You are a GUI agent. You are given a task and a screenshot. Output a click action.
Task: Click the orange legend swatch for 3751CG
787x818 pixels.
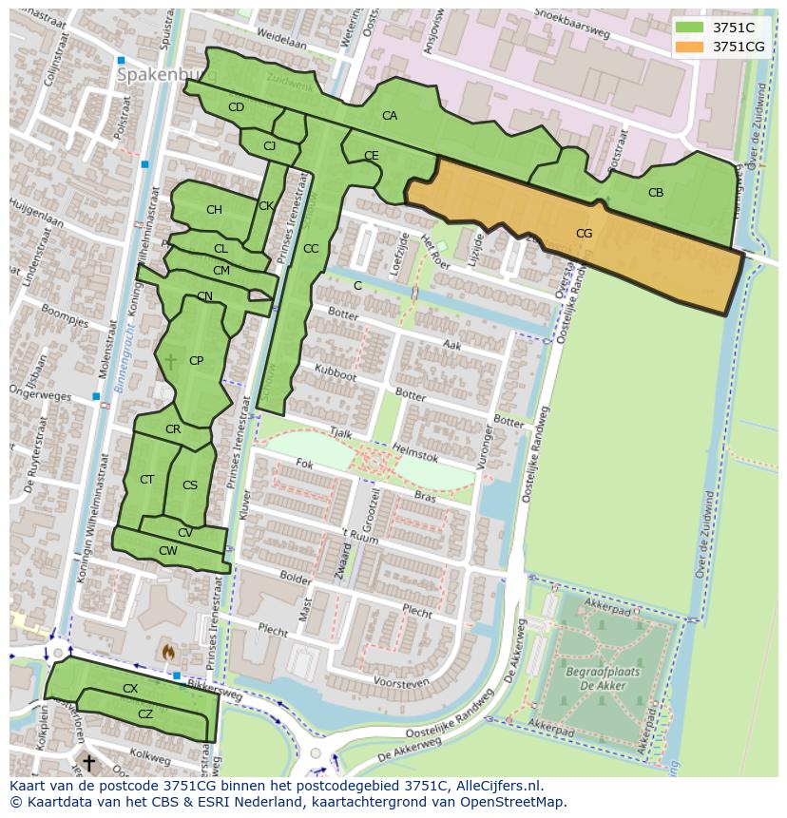coord(690,47)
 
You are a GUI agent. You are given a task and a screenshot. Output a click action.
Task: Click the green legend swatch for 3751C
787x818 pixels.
coord(690,28)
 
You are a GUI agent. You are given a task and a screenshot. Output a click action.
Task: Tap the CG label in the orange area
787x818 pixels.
coord(584,233)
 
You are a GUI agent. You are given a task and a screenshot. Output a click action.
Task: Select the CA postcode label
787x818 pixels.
coord(390,116)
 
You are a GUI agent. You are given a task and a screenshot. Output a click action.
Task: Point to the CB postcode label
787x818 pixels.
coord(656,193)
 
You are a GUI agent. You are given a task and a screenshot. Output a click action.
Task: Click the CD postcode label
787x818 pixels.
coord(236,107)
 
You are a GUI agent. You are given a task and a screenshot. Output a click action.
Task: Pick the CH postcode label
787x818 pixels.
coord(214,210)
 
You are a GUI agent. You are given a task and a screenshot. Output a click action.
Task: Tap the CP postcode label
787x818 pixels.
coord(196,361)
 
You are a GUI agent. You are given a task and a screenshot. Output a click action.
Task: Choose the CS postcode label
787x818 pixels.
coord(190,485)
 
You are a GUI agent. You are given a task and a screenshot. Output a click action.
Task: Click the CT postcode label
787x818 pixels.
coord(146,480)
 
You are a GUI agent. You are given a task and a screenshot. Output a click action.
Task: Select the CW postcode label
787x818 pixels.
coord(167,551)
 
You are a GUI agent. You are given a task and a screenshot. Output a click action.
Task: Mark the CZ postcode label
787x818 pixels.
coord(145,713)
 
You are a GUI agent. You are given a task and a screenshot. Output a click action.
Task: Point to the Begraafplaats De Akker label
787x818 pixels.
coord(602,677)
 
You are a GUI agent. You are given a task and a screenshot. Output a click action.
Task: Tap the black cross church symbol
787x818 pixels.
coord(88,762)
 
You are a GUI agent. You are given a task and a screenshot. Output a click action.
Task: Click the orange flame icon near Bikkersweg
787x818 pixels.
coord(168,653)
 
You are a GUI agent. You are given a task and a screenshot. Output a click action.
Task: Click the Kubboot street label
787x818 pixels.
coord(336,375)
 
